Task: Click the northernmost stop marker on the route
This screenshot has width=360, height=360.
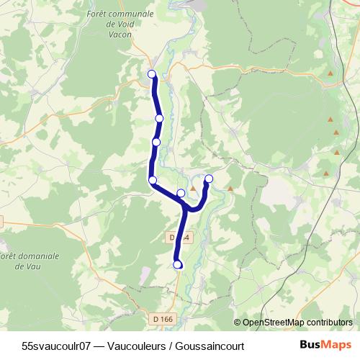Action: (x=152, y=73)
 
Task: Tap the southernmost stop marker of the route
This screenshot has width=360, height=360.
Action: (x=178, y=265)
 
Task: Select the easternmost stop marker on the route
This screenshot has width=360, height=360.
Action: (x=209, y=179)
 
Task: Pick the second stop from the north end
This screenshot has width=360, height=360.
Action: (x=159, y=118)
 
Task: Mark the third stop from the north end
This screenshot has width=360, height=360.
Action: (x=156, y=142)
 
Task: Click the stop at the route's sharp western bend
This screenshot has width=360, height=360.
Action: (x=153, y=180)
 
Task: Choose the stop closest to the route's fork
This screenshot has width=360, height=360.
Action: (x=181, y=193)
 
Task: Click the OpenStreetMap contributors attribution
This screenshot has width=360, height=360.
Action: (x=293, y=323)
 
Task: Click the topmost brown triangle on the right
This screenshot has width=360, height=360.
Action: (x=330, y=73)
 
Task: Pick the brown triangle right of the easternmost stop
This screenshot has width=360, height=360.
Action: (x=230, y=189)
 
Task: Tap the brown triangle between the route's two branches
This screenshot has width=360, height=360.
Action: (x=192, y=189)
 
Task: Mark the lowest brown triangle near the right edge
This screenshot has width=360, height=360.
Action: (x=326, y=174)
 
